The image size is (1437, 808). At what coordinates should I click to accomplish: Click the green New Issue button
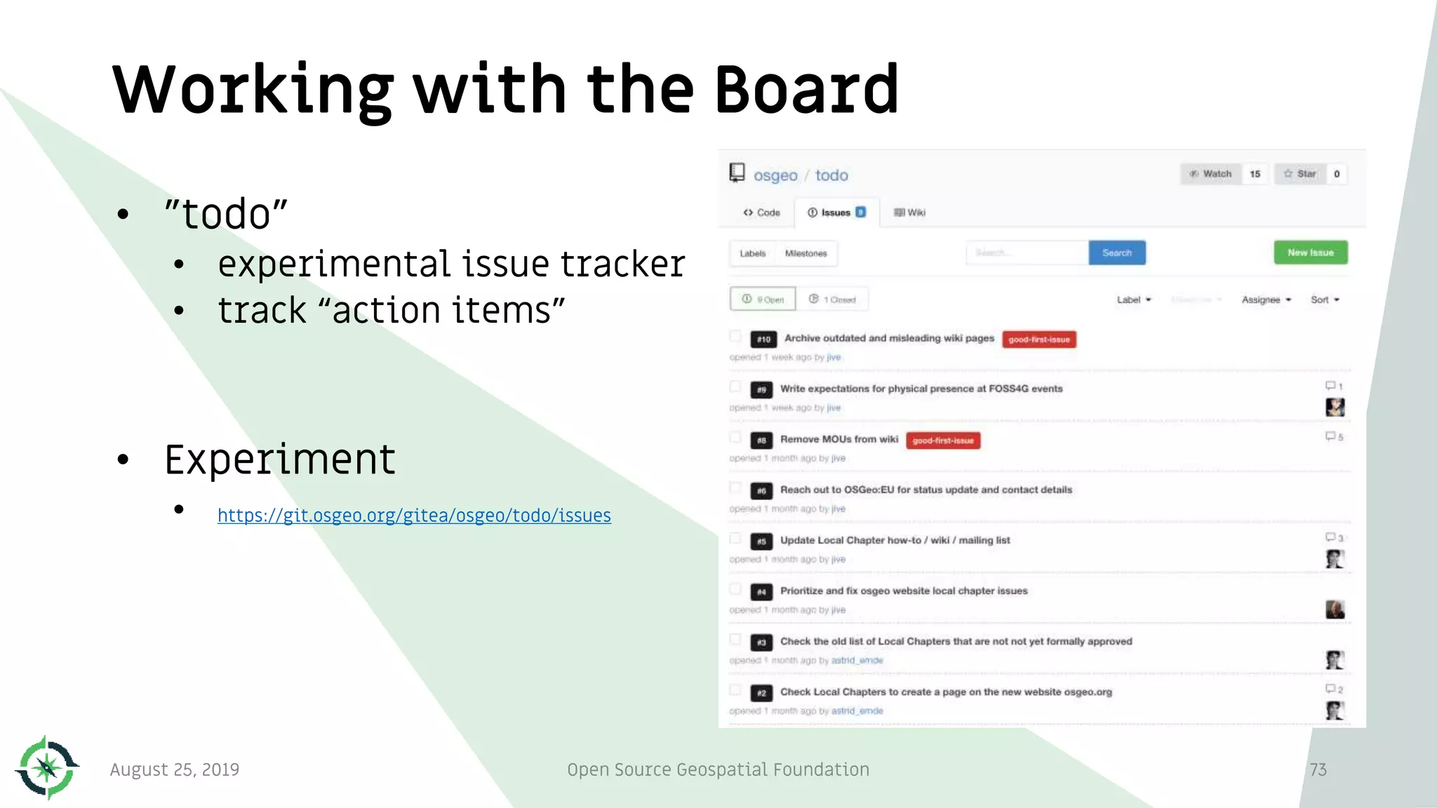point(1310,252)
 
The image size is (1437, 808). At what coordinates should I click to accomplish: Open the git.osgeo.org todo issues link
point(414,516)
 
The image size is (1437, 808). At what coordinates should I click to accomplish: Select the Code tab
point(761,213)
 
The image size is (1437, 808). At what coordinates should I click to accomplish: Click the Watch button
point(1211,174)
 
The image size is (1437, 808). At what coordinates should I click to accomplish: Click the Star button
point(1300,174)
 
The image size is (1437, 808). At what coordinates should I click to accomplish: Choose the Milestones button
point(806,253)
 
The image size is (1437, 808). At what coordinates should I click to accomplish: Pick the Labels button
point(752,253)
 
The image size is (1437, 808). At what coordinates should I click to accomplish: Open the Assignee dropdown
point(1266,299)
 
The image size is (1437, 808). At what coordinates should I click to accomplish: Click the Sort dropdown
point(1325,299)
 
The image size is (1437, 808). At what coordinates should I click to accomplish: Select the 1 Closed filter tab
point(833,299)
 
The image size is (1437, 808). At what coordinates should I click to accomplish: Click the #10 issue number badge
point(763,339)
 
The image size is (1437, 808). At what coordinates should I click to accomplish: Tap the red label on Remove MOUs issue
point(943,440)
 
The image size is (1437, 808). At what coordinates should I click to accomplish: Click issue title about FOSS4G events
point(921,389)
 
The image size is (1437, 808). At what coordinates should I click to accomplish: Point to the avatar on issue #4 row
point(1335,609)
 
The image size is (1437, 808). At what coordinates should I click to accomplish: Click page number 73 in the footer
point(1318,769)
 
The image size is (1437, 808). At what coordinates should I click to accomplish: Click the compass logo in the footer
point(47,767)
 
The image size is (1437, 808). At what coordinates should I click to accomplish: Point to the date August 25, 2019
point(175,769)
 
